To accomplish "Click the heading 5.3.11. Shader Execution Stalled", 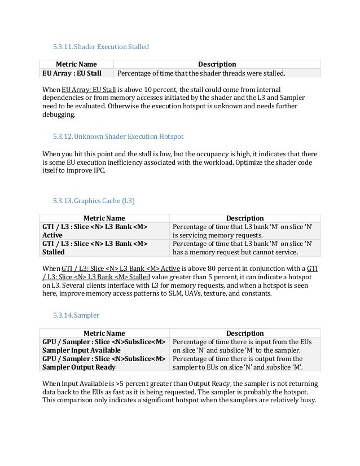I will point(100,47).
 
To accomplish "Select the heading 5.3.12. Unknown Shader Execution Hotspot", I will point(118,137).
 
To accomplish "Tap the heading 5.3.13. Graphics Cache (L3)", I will point(94,200).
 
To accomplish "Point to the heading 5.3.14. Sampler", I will point(76,315).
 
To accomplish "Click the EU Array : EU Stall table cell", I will point(72,73).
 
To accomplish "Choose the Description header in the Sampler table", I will point(245,333).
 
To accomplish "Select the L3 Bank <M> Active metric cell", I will point(94,231).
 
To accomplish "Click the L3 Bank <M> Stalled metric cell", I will point(94,248).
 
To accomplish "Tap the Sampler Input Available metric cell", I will point(104,346).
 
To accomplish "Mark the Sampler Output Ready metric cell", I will point(104,363).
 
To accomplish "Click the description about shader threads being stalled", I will point(201,73).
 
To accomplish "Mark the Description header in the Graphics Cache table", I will point(245,218).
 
